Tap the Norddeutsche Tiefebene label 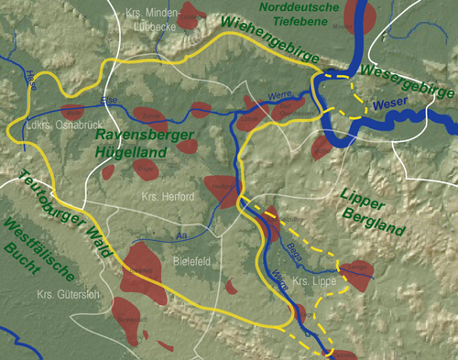coord(299,15)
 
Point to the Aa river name coord(181,236)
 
